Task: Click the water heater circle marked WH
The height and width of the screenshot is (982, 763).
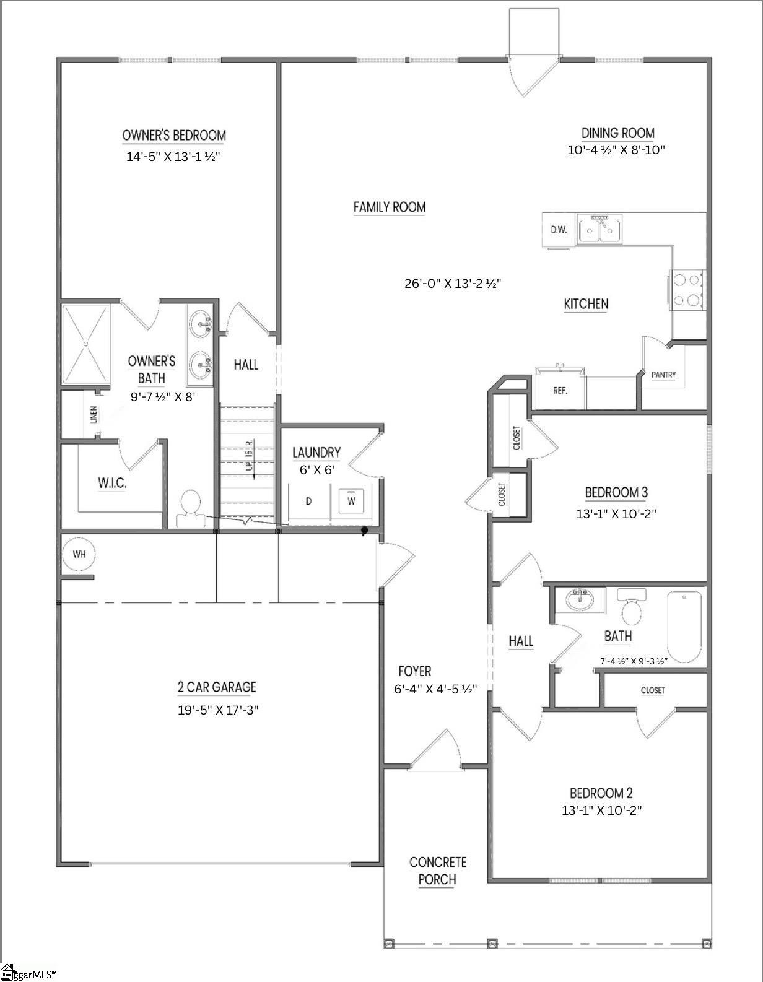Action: tap(79, 554)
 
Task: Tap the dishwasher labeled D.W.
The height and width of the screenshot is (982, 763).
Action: tap(559, 230)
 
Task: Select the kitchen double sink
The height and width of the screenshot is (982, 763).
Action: tap(599, 230)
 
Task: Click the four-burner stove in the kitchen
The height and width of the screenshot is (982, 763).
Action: tap(687, 290)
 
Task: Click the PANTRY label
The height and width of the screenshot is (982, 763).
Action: tap(663, 375)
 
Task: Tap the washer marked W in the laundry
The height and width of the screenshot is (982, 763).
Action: tap(351, 500)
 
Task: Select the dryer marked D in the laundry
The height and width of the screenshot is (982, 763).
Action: tap(309, 501)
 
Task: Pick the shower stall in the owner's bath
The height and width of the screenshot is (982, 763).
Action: tap(86, 344)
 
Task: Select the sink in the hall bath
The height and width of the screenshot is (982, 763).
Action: tap(580, 600)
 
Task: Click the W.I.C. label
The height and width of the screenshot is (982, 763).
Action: tap(113, 483)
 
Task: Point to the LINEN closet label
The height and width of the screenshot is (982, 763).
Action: tap(94, 414)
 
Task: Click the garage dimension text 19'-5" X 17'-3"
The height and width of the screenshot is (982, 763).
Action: tap(218, 710)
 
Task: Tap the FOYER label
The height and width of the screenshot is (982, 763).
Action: tap(415, 671)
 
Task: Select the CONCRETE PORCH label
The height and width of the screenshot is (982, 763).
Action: tap(438, 871)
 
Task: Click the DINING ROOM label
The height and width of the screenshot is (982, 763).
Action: tap(618, 133)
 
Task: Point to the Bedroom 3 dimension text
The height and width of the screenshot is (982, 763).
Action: tap(616, 514)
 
